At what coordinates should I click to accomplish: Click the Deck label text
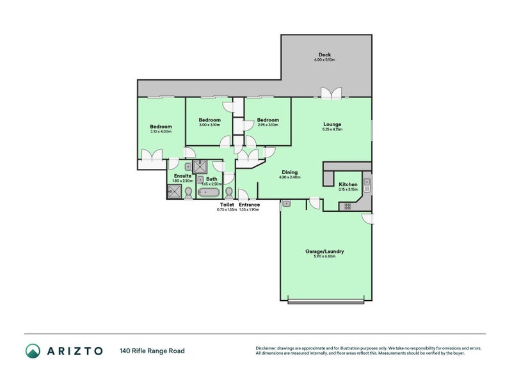pos(324,54)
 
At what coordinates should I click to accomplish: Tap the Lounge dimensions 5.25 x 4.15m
pos(332,130)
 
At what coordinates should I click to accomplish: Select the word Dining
pos(289,172)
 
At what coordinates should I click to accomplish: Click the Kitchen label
pos(348,184)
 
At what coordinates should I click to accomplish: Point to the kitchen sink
pos(367,186)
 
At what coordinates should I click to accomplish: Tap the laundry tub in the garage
pos(287,204)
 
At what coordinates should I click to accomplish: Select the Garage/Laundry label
pos(324,252)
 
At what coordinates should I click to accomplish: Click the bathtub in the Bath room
pos(209,192)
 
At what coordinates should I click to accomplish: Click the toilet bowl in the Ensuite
pos(188,193)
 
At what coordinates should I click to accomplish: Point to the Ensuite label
pos(183,176)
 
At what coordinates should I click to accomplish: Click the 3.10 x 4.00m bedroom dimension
pos(161,132)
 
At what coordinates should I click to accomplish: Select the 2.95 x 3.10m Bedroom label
pos(268,120)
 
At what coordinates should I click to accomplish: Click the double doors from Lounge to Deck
pos(331,93)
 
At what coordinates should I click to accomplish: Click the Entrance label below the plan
pos(249,204)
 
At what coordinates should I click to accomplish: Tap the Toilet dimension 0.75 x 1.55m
pos(227,209)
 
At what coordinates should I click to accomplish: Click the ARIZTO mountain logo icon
pos(33,350)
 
